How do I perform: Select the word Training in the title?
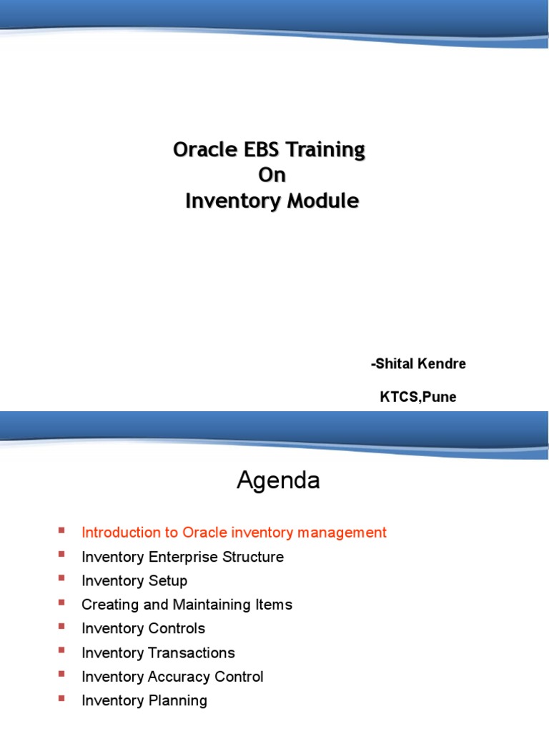(x=327, y=151)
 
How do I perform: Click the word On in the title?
(x=272, y=176)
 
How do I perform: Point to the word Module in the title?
(x=322, y=201)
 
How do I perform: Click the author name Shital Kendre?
(x=419, y=364)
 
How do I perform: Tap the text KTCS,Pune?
(x=417, y=398)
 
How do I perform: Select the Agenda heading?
(x=278, y=481)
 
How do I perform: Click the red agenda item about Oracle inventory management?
(x=234, y=533)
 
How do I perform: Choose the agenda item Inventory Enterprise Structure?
(x=182, y=557)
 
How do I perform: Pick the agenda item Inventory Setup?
(x=134, y=581)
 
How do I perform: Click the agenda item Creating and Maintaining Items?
(x=187, y=605)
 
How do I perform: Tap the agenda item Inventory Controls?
(x=143, y=629)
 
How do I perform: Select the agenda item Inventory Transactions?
(x=158, y=653)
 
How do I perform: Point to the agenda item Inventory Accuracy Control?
(x=172, y=677)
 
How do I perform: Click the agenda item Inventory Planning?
(x=144, y=701)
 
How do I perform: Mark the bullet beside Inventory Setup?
(x=61, y=578)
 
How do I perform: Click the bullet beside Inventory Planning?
(x=61, y=698)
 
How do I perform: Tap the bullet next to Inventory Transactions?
(x=61, y=650)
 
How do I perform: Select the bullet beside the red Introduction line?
(x=61, y=530)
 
